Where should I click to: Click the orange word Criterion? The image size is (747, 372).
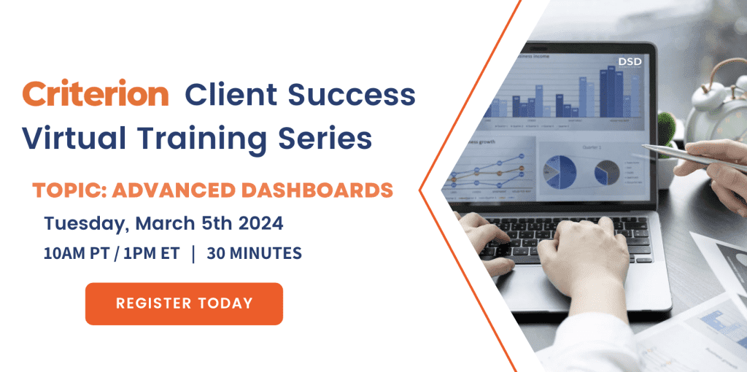[x=96, y=95]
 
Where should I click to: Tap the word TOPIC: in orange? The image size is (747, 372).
[x=70, y=190]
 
